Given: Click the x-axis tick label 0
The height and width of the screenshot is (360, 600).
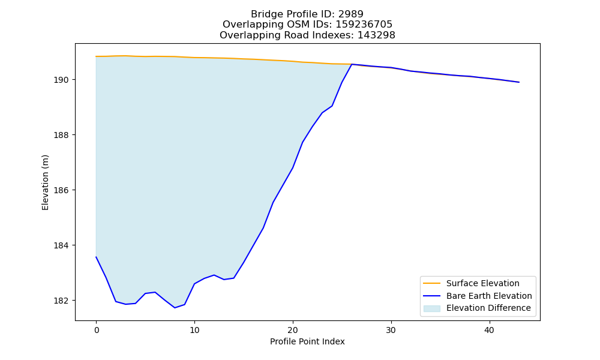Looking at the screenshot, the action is coord(96,330).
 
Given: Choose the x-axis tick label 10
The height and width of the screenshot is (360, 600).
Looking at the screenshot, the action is coord(194,330).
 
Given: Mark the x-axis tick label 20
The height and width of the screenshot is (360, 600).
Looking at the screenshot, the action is coord(293,330).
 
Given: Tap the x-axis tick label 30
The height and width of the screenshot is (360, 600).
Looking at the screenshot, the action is coord(391,330).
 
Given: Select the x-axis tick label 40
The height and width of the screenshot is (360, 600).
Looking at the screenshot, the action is coord(489,330).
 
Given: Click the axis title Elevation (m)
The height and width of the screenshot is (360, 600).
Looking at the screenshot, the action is coord(45,182).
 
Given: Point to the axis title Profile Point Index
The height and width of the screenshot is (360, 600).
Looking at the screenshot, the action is coord(307,341).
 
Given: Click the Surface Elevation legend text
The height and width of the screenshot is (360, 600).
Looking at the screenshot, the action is coord(483,283).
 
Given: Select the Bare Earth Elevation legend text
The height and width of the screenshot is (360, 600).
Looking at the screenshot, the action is coord(489,296).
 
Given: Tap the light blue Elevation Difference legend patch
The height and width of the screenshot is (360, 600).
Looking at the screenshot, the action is coord(431,308).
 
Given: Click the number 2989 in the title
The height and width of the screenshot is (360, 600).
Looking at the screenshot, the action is coord(351,14).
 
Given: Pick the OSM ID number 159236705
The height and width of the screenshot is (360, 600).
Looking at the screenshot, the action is coord(364,25).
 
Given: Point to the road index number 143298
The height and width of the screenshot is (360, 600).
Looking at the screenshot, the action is coord(376,35).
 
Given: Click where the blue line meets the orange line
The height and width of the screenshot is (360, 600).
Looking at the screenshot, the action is coord(352,64).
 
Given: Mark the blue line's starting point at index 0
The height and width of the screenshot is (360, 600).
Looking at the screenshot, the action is coord(96,257).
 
